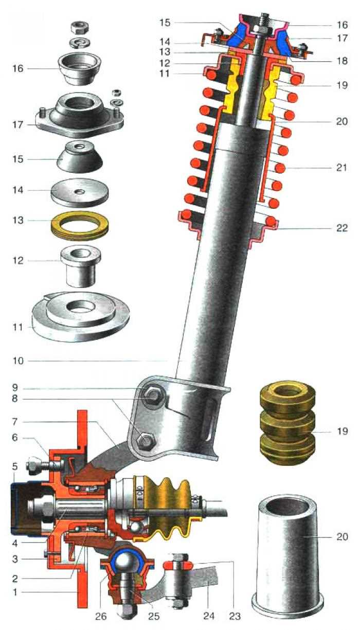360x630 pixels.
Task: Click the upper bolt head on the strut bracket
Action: tap(153, 397)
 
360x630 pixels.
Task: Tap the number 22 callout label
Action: tap(341, 227)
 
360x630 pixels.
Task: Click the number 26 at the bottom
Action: tap(101, 616)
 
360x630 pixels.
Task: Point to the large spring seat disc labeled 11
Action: tap(80, 319)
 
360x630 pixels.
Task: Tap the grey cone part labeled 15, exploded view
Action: tap(80, 157)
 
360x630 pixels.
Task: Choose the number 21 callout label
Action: tap(341, 168)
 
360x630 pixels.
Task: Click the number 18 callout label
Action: tap(341, 60)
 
